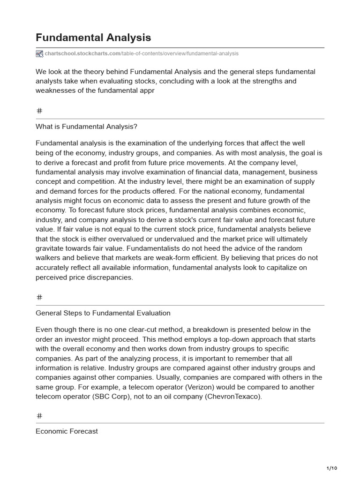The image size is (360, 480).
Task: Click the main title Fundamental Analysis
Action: coord(93,37)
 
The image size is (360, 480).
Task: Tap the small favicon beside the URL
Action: coord(39,53)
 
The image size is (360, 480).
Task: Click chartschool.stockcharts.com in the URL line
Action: coord(82,53)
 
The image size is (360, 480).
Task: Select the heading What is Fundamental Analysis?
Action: coord(86,127)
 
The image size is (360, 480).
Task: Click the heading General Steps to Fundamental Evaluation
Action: coord(103,313)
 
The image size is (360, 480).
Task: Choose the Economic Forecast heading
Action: coord(67,431)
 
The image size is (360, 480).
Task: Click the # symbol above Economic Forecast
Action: coord(39,416)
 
